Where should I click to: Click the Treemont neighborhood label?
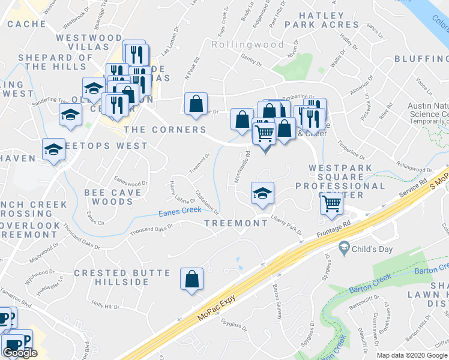coord(236,223)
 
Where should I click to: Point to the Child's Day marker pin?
coord(344,247)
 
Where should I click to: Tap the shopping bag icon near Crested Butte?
coord(192,279)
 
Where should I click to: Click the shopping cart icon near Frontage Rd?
coord(331,204)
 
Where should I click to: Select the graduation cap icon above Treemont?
coord(262,193)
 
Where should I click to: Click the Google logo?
coord(20,353)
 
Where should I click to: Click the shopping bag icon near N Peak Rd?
coord(196,104)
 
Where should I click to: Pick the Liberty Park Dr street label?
coord(285,223)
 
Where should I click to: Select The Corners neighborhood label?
coord(164,130)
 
